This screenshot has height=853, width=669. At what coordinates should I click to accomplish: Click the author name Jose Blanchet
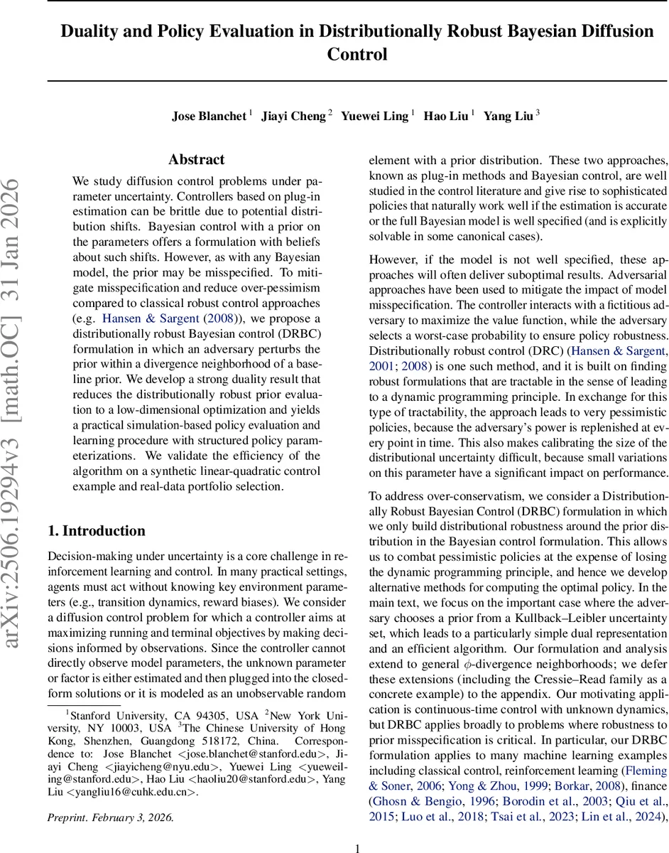tap(209, 117)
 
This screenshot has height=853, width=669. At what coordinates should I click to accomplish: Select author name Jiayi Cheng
tap(293, 117)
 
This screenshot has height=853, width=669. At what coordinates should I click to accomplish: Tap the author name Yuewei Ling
tap(374, 117)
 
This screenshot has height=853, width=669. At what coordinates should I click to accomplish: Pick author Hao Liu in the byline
tap(445, 117)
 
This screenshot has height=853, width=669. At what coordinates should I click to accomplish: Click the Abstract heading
tap(197, 160)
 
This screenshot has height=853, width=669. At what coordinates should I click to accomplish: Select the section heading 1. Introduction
tap(96, 530)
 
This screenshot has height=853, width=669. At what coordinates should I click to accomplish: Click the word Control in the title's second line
tap(357, 54)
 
